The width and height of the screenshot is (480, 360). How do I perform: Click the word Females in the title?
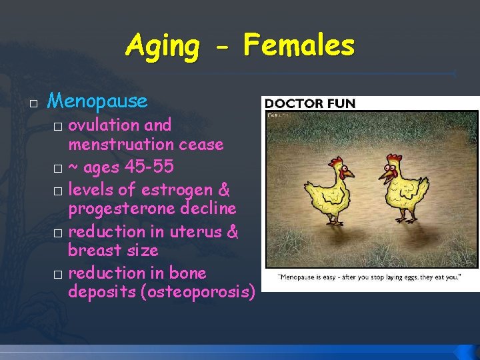click(299, 45)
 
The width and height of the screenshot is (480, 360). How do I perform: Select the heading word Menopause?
click(97, 101)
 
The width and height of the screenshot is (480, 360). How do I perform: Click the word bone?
click(189, 273)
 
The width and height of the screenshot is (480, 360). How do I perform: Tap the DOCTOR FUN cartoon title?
click(310, 103)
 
